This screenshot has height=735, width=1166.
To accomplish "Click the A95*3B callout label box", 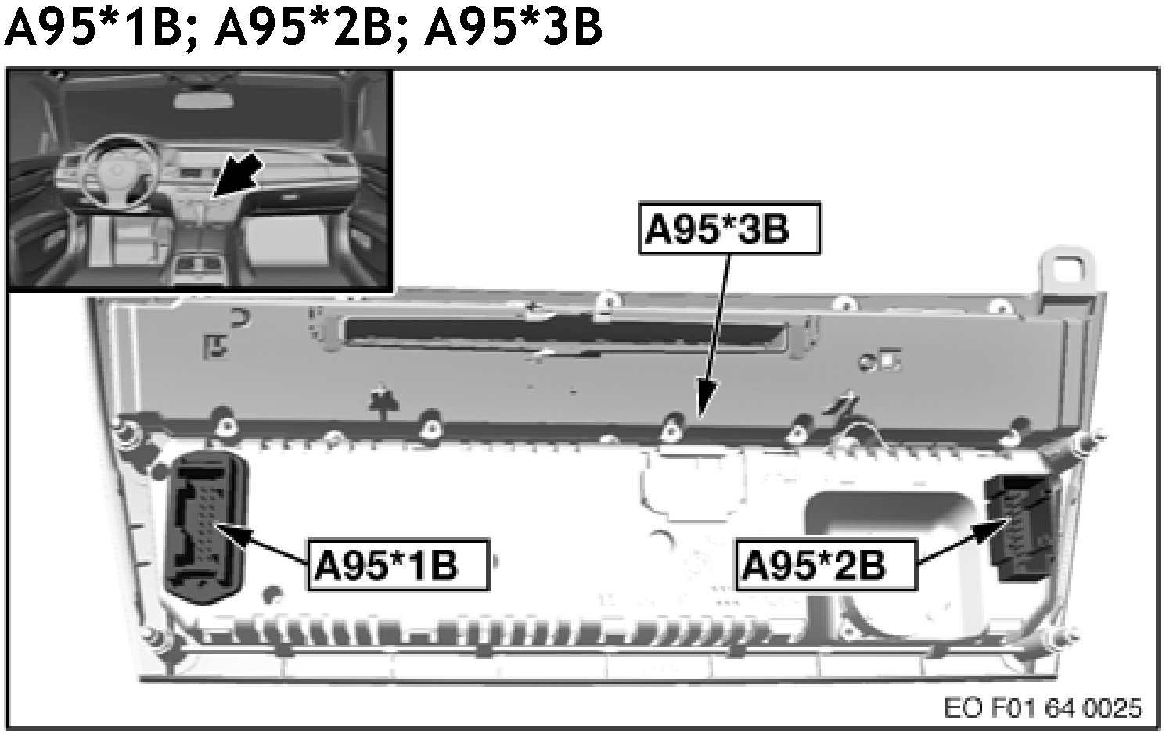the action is click(729, 228).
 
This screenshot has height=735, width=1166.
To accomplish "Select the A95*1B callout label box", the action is click(398, 565).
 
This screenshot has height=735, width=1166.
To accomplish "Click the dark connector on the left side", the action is click(207, 527).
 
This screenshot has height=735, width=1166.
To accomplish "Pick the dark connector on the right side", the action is click(1016, 527).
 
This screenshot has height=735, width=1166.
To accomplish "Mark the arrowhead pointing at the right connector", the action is click(990, 533).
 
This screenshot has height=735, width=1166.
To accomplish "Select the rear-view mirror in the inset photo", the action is click(203, 100).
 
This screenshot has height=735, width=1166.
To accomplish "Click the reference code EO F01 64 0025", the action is click(1042, 708).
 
